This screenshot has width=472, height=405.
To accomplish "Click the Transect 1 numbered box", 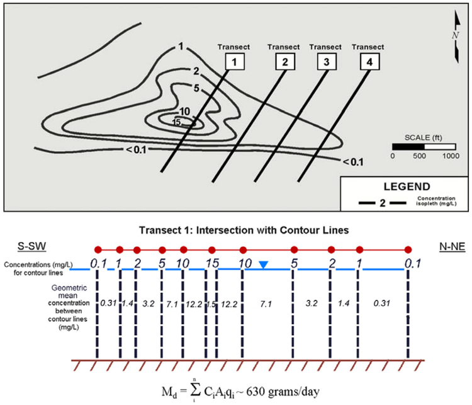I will point(233,62).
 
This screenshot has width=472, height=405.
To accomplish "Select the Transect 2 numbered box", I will point(284,62).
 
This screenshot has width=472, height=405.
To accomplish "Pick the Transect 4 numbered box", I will point(368,62).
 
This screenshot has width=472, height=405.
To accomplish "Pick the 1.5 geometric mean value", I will point(211,304).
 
